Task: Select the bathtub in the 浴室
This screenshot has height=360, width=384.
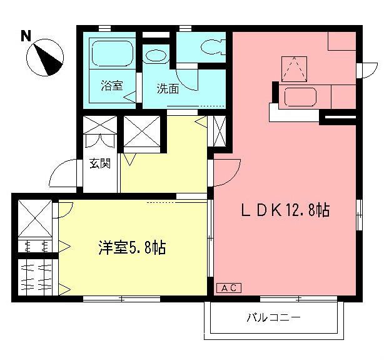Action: click(x=113, y=53)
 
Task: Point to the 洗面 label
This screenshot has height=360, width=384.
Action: click(x=168, y=89)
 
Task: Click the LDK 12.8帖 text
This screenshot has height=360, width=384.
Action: click(x=285, y=211)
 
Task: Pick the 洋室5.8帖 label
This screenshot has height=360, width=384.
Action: click(x=131, y=248)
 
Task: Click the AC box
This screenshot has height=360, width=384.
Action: click(x=229, y=288)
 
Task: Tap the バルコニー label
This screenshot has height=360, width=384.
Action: click(x=273, y=318)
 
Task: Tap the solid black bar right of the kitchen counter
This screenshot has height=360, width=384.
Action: click(x=339, y=116)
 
